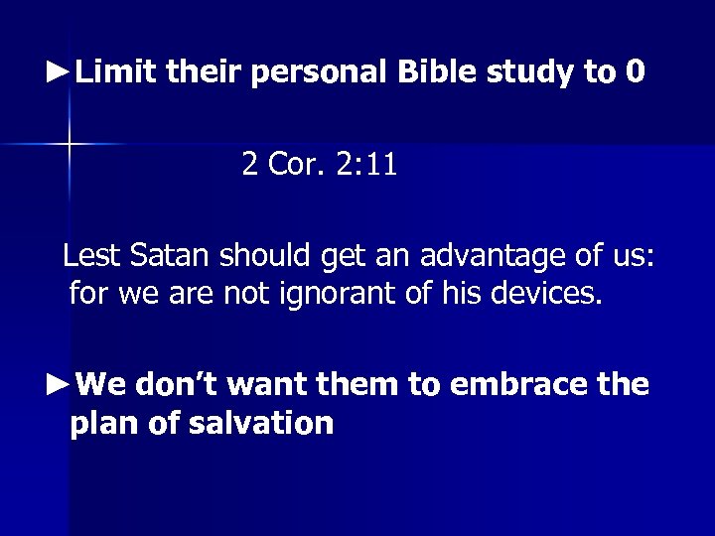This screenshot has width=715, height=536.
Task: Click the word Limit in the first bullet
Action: point(117,71)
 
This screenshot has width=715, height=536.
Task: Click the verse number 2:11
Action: point(365,164)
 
